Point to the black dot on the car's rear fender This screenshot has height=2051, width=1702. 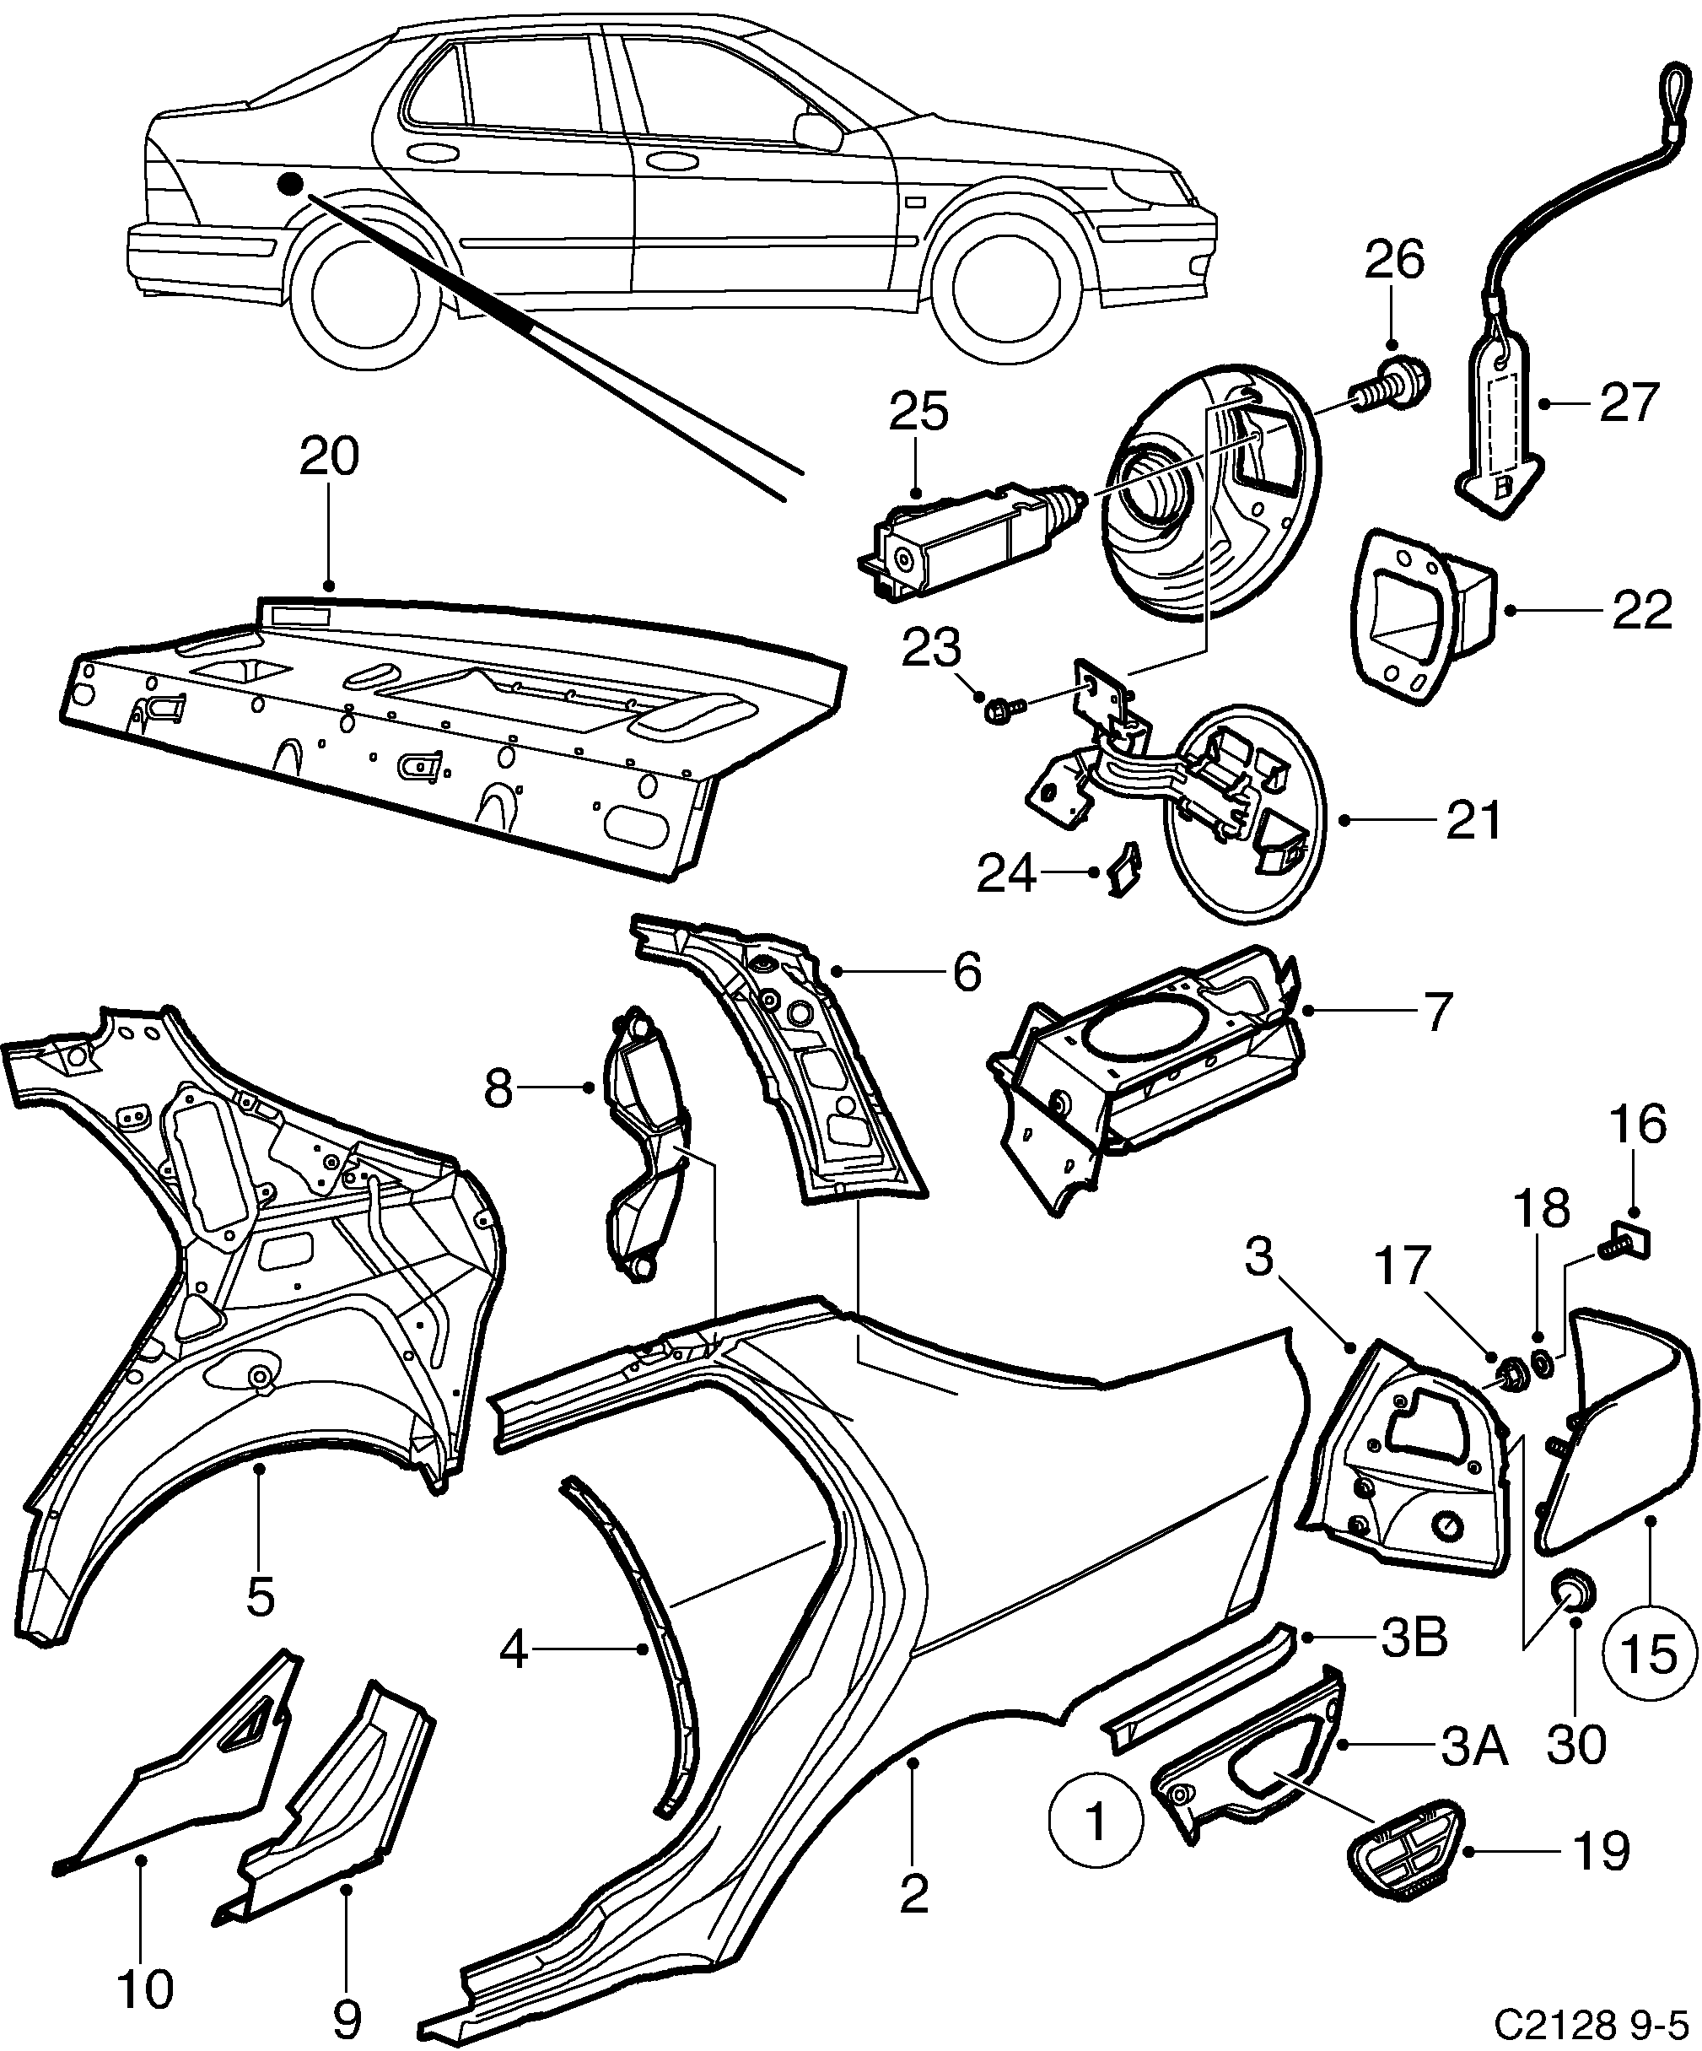tap(290, 184)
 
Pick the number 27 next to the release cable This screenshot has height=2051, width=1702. tap(1629, 402)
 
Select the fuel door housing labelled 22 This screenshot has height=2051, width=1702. tap(1425, 613)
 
